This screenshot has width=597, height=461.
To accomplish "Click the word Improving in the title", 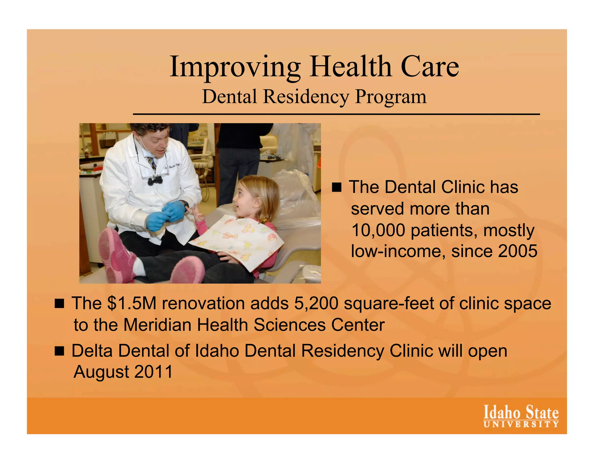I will point(235,67).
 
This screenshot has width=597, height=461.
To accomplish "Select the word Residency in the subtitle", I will point(306,96).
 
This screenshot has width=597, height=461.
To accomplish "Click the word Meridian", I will point(157,325).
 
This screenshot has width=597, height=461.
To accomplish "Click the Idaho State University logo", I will point(521,416).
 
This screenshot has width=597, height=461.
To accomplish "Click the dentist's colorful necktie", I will point(151,163).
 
